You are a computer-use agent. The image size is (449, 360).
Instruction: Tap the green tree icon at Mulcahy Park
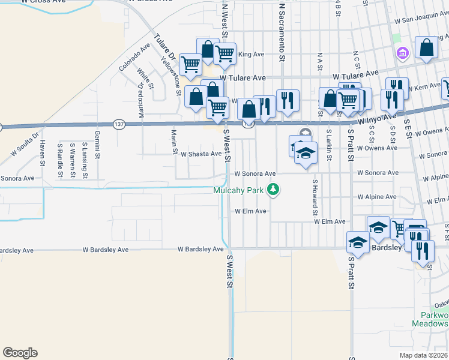click(x=274, y=190)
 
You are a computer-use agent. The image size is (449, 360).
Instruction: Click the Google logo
click(x=20, y=353)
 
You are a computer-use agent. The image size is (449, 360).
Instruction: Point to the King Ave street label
click(x=251, y=54)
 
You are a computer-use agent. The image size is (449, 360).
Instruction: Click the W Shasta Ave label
click(x=202, y=154)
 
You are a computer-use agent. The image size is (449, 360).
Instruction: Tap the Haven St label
click(x=43, y=152)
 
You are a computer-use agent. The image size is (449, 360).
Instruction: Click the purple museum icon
click(x=402, y=54)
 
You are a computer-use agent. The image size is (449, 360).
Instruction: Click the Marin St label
click(x=174, y=142)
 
